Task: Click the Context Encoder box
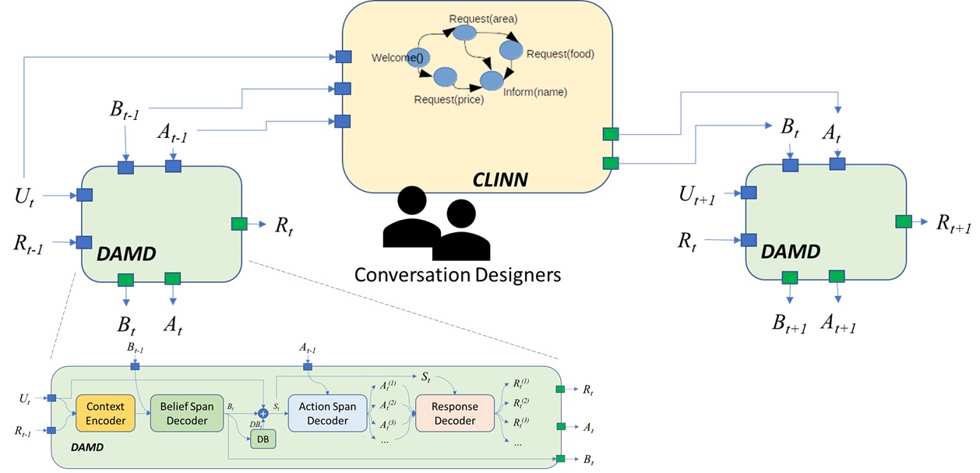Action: (105, 413)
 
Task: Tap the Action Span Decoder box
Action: (327, 413)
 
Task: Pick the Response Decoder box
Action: (455, 413)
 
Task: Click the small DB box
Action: (263, 440)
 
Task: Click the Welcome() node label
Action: (397, 57)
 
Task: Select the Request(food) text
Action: (560, 54)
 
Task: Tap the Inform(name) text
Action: (535, 92)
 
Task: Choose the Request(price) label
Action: (449, 99)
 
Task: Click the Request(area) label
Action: (483, 18)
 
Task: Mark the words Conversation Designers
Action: (457, 275)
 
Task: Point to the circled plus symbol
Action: (263, 414)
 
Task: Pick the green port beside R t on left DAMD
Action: (239, 224)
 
